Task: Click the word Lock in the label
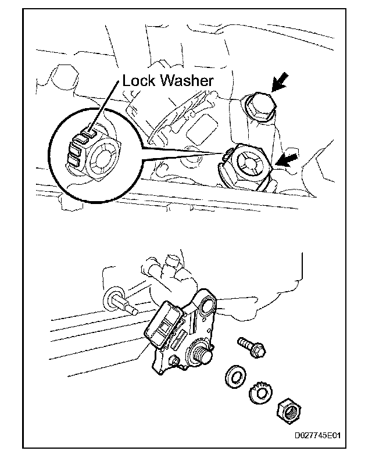(138, 81)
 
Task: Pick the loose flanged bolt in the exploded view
(251, 348)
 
